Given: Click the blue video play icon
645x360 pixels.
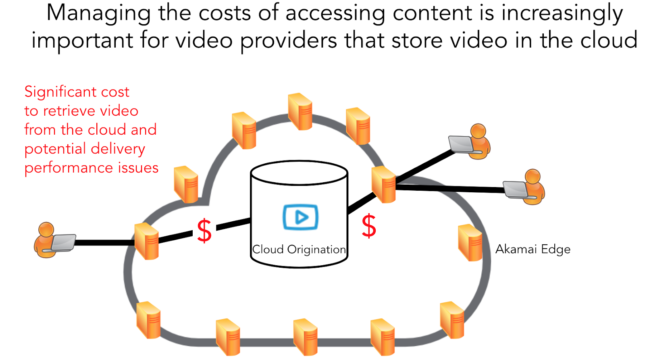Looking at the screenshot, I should point(300,217).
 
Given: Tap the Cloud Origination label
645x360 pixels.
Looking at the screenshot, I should point(299,250).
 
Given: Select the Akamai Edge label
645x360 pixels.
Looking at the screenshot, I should point(533,249).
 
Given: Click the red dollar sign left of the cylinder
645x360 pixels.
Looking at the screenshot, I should point(204,231).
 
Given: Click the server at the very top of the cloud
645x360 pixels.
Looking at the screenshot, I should point(300,111).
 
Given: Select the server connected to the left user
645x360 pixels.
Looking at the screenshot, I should point(146,241).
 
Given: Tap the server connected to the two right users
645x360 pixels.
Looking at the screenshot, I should point(383,184).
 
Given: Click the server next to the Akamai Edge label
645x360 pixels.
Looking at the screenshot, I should point(470,243).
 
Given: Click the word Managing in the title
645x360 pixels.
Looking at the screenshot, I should point(98,13).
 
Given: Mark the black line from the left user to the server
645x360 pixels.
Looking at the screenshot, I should point(105,243).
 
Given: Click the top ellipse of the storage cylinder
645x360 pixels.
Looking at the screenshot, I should point(299,173).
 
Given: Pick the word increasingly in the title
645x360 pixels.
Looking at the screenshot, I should point(562,13).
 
